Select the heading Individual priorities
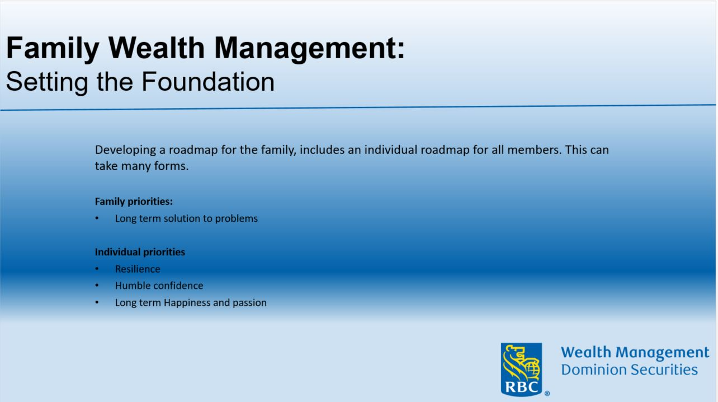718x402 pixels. click(140, 252)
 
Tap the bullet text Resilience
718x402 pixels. click(138, 269)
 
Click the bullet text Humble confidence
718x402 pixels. click(159, 286)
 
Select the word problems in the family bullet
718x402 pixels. click(238, 218)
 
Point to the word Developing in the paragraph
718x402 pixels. click(124, 151)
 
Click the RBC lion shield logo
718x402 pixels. click(521, 368)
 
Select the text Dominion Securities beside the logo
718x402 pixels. click(629, 370)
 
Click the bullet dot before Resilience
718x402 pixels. click(97, 269)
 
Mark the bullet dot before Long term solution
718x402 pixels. click(97, 219)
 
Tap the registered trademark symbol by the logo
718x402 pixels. click(547, 394)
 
